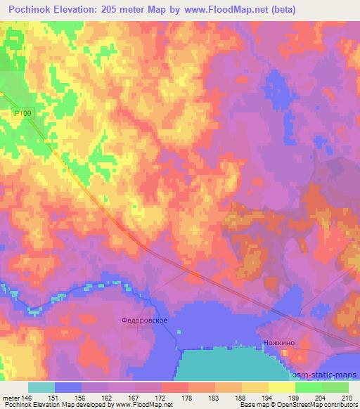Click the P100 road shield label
(x=23, y=113)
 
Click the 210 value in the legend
(x=347, y=398)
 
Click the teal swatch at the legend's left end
(x=41, y=387)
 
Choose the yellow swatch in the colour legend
(x=282, y=387)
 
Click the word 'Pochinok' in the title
(x=29, y=9)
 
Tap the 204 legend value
(x=319, y=398)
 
